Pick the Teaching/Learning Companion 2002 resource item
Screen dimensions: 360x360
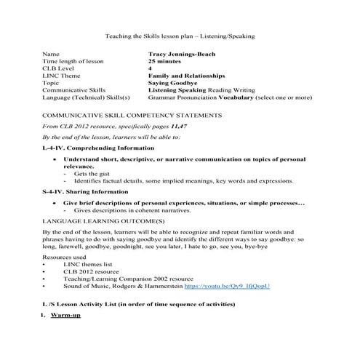tap(126, 279)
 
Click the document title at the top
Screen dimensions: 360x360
tap(179, 35)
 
